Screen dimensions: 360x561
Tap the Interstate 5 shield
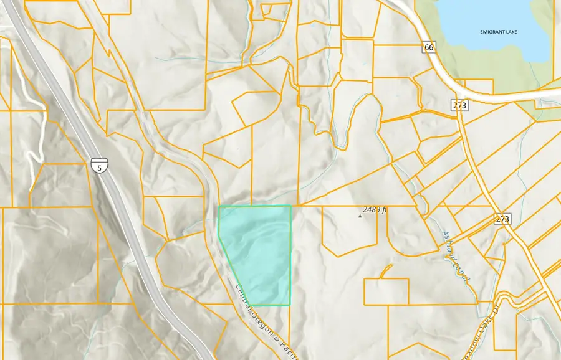pos(98,166)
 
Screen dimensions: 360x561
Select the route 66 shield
pos(428,47)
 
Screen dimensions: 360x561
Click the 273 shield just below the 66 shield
pos(460,105)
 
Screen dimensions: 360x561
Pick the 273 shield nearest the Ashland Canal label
pos(502,219)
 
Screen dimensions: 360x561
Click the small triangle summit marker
pos(360,217)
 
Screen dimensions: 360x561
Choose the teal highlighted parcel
pos(259,252)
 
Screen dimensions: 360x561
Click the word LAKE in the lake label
pos(529,32)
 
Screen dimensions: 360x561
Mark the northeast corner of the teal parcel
pos(291,206)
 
